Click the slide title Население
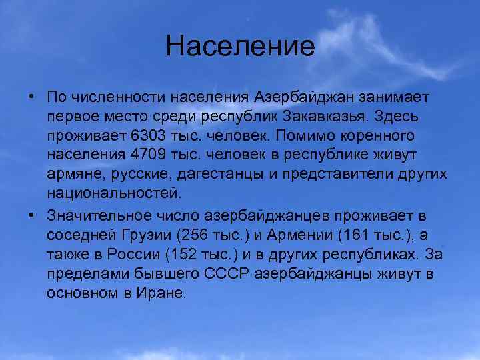point(240,47)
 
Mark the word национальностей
point(113,194)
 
